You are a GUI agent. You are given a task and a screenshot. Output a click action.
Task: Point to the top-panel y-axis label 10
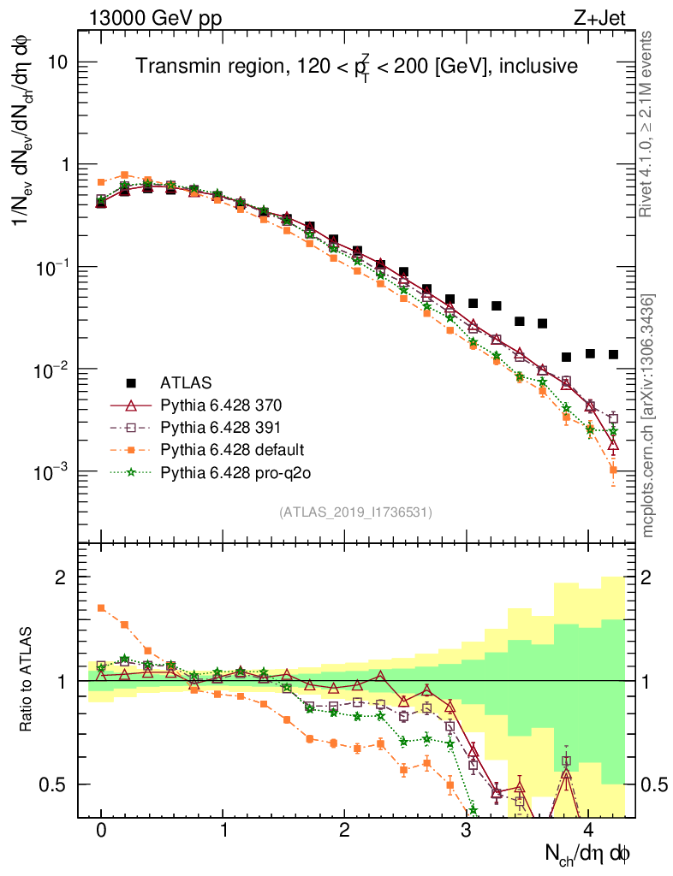pos(57,63)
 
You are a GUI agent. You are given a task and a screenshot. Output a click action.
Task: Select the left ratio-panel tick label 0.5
pos(57,784)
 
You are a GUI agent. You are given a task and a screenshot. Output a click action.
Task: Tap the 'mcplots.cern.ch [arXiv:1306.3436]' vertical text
pos(649,416)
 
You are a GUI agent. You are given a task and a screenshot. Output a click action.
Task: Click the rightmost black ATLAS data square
pos(613,354)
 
